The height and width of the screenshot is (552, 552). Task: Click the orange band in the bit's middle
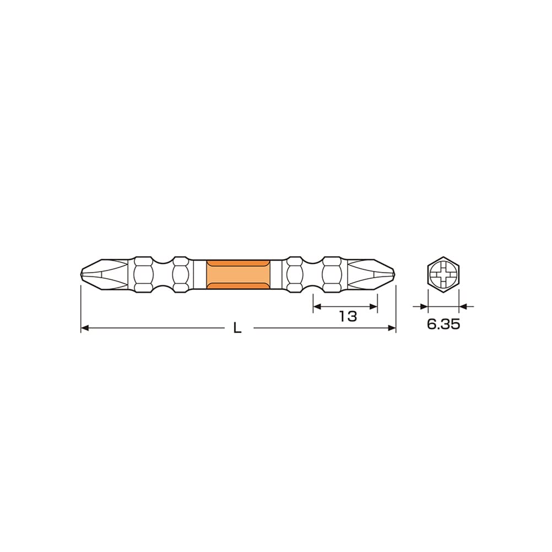coord(238,274)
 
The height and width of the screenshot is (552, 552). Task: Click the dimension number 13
coord(348,316)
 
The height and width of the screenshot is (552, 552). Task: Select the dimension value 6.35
coord(443,324)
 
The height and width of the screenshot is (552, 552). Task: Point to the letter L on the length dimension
coord(237,328)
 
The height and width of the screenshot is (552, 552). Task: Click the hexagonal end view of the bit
coord(443,274)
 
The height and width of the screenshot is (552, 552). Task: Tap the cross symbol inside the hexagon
coord(443,274)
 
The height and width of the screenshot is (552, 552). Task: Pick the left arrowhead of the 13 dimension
coord(317,306)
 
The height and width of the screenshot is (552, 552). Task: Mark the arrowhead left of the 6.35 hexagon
coord(424,306)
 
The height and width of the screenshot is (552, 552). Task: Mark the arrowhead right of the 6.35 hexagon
coord(463,306)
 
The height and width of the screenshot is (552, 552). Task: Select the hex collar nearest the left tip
coord(144,274)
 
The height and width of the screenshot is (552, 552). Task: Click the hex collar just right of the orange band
coord(295,274)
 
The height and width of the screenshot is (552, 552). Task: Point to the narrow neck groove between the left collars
coord(162,274)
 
